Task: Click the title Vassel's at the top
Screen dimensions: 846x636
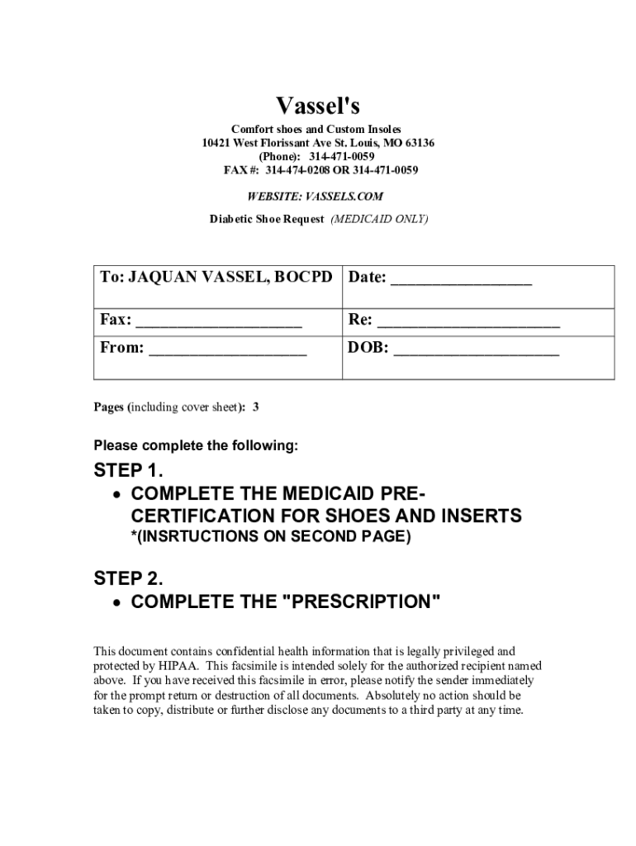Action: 318,107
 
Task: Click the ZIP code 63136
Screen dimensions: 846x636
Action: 418,143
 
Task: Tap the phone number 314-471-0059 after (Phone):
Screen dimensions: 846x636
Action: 341,156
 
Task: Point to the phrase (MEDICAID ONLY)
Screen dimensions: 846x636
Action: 379,220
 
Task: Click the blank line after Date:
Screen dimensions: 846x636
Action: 461,281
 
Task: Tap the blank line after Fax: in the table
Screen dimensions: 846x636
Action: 218,324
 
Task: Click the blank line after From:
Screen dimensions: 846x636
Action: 227,352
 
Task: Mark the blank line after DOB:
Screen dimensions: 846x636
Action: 477,352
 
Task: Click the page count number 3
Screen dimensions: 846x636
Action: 256,407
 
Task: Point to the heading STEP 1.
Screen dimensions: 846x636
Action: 129,471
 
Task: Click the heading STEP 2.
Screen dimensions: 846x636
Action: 129,578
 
